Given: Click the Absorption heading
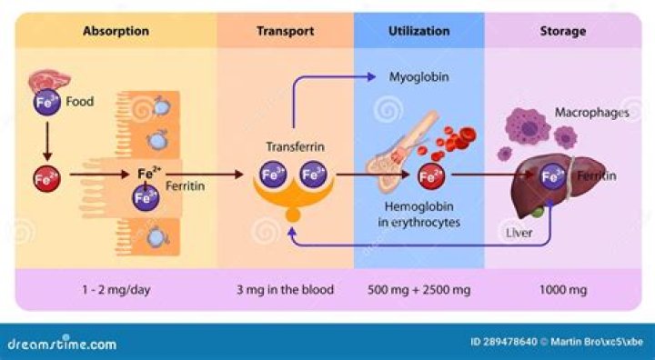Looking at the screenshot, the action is pos(116,31).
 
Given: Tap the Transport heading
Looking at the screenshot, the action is pos(286,31).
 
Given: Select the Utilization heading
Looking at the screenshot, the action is pos(419,31).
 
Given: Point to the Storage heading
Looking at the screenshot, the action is pos(563,31).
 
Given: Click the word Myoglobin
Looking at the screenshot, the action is pos(419,77).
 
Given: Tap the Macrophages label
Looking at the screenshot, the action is pos(592,113).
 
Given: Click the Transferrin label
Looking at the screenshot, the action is pos(296,147).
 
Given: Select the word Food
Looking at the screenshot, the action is pos(80,102).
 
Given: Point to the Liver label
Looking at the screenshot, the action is pos(519,233).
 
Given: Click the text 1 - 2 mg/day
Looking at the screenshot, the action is pos(116,290).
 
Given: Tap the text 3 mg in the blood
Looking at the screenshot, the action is pos(286,290).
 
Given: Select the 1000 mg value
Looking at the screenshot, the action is pos(563,290).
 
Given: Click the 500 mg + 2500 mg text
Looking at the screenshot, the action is pos(419,290).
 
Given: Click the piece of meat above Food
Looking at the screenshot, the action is pos(49,81).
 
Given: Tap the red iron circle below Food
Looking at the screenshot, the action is pos(46,179).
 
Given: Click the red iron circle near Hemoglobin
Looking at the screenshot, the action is pos(431,176).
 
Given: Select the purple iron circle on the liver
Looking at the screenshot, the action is pos(552,176).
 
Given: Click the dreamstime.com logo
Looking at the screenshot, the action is pos(62,344).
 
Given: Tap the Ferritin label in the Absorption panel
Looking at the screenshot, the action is pos(185,186).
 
